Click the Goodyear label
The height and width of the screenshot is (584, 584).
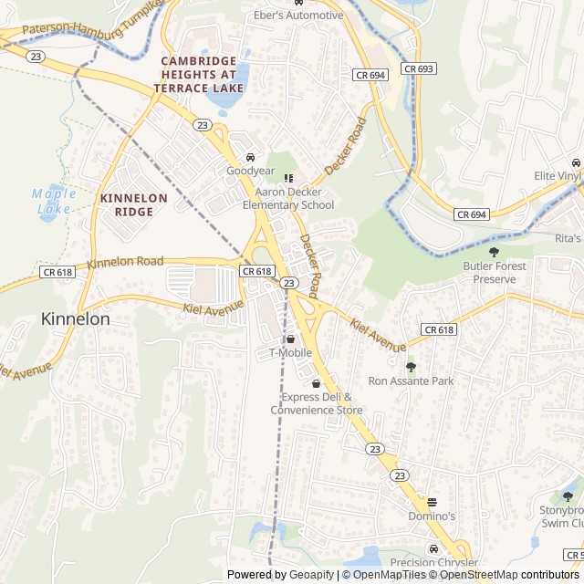point(250,171)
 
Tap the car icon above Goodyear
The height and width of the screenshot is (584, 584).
point(251,156)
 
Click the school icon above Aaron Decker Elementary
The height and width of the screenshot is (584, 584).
point(288,178)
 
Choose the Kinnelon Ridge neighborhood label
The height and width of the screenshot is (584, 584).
point(133,204)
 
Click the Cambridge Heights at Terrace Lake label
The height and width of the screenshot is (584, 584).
point(199,73)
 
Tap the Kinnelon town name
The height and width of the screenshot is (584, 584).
point(76,319)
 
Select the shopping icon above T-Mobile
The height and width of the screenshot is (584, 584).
point(290,339)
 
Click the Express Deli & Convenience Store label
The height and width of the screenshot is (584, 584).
point(316,403)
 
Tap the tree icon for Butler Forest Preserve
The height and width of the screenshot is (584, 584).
point(495,252)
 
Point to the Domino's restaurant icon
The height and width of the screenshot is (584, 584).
point(433,502)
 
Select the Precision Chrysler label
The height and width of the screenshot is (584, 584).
point(433,563)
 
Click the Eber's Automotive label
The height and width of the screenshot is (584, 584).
point(298,16)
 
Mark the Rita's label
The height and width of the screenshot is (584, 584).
point(568,238)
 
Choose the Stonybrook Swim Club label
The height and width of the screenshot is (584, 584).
point(562,516)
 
